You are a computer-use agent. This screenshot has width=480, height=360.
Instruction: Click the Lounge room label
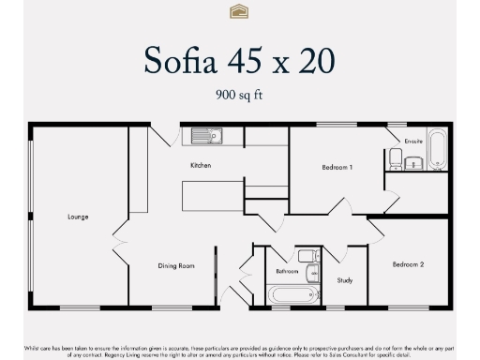click(78, 217)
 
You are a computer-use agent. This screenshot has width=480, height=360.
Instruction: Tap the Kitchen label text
click(201, 165)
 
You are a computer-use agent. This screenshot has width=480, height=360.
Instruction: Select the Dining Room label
click(175, 266)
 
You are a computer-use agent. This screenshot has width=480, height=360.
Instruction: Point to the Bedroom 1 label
click(337, 167)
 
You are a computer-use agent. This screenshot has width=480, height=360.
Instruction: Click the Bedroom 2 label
click(408, 265)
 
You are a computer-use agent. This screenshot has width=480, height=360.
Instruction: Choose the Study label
click(344, 279)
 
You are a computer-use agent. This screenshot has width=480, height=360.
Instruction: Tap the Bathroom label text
click(287, 271)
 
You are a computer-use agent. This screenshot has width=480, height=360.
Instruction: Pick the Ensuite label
click(413, 142)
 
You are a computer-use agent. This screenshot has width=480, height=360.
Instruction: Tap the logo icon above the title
click(239, 11)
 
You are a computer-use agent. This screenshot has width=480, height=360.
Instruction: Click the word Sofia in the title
click(182, 60)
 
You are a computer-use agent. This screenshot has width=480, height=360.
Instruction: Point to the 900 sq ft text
click(239, 94)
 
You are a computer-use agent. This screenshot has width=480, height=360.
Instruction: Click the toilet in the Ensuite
click(396, 162)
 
